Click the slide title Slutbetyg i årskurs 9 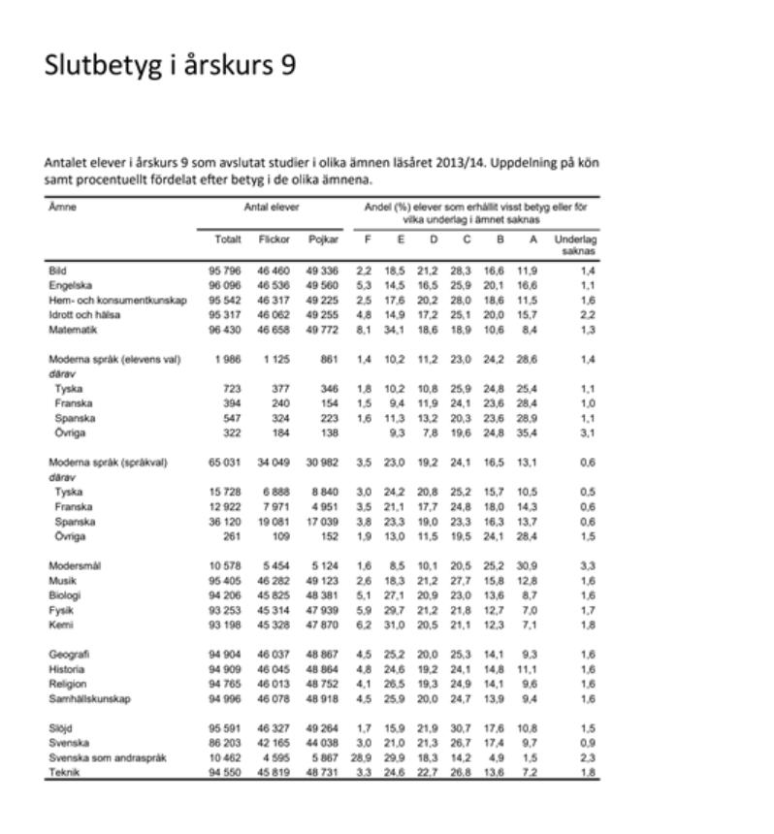170,65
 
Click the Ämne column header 63,208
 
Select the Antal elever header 272,208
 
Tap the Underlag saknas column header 575,244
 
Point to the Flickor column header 274,239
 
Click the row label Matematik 73,330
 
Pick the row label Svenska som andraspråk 108,756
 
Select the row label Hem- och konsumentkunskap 117,301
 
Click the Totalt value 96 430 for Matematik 224,330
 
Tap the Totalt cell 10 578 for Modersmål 224,565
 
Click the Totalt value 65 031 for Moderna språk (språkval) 224,463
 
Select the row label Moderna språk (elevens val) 114,359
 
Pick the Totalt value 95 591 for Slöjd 224,727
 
